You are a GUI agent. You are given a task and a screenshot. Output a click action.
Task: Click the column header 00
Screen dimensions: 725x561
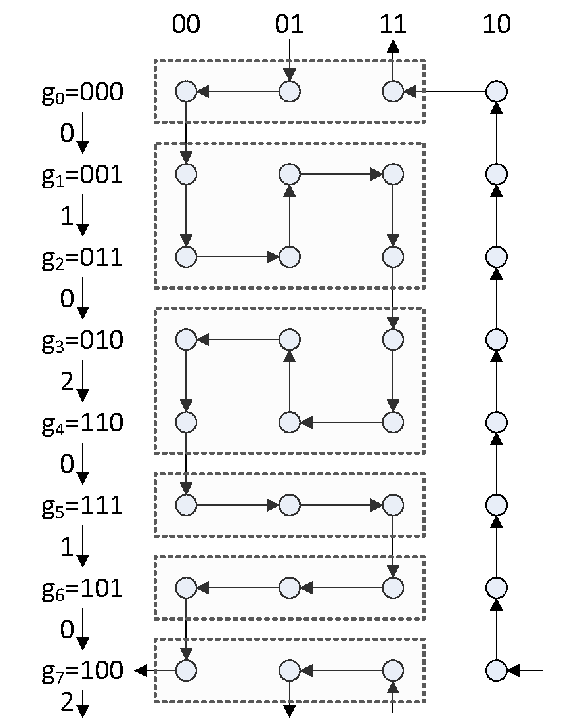coord(187,24)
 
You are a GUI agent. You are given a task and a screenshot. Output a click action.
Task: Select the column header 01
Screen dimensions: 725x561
coord(290,24)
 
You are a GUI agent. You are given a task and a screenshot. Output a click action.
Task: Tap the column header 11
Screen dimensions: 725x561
coord(393,24)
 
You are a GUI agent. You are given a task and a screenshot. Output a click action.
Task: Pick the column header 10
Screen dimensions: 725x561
coord(496,24)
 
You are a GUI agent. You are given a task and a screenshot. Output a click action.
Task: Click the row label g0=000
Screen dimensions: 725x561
coord(82,93)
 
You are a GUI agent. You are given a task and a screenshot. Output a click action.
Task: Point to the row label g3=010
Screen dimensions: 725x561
coord(82,341)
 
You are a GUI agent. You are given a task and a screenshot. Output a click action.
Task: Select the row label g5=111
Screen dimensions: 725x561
coord(82,506)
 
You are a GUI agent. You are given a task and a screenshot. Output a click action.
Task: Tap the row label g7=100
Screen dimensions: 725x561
coord(82,671)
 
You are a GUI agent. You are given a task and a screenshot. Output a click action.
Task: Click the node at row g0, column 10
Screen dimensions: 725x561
coord(497,91)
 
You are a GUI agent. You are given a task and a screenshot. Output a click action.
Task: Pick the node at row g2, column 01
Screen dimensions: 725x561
coord(290,257)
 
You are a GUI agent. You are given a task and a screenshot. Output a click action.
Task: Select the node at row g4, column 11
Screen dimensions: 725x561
coord(393,422)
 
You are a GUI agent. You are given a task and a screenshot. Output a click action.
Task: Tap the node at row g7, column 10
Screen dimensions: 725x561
coord(497,670)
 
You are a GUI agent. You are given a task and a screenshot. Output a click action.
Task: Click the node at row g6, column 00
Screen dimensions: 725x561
coord(187,587)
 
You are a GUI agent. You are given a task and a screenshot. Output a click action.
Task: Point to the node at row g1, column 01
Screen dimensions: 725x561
coord(290,174)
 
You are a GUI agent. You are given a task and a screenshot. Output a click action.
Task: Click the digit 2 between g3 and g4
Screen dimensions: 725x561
coord(67,382)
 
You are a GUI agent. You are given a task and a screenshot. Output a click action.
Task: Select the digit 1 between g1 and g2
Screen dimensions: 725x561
coord(67,216)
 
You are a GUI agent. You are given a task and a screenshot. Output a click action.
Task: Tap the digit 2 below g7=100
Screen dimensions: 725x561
coord(67,703)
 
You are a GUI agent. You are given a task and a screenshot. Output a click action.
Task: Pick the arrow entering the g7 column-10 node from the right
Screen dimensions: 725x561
coord(525,670)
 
